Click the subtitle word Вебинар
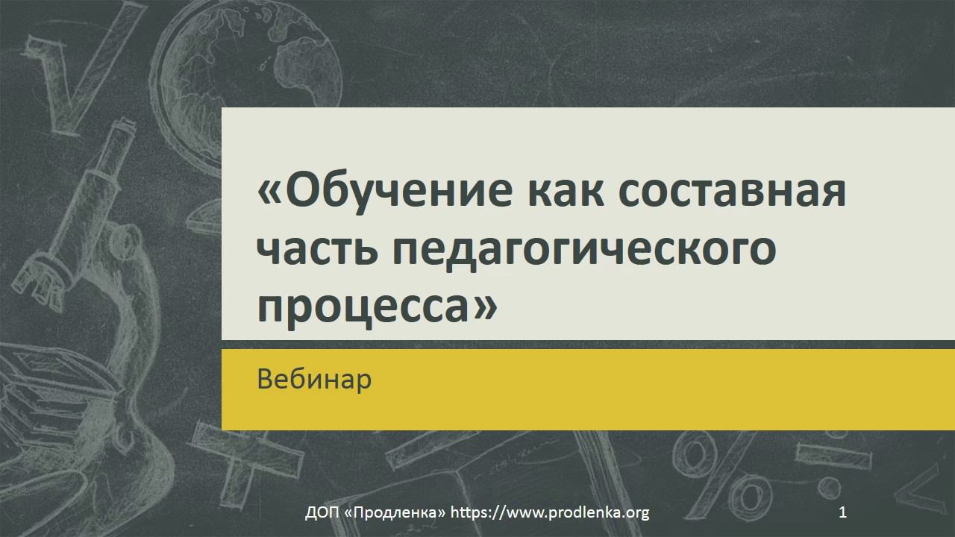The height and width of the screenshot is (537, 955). click(314, 380)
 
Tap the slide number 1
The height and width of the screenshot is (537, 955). click(843, 512)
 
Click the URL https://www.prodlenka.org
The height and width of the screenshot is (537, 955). click(550, 512)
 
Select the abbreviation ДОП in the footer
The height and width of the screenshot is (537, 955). click(322, 512)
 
